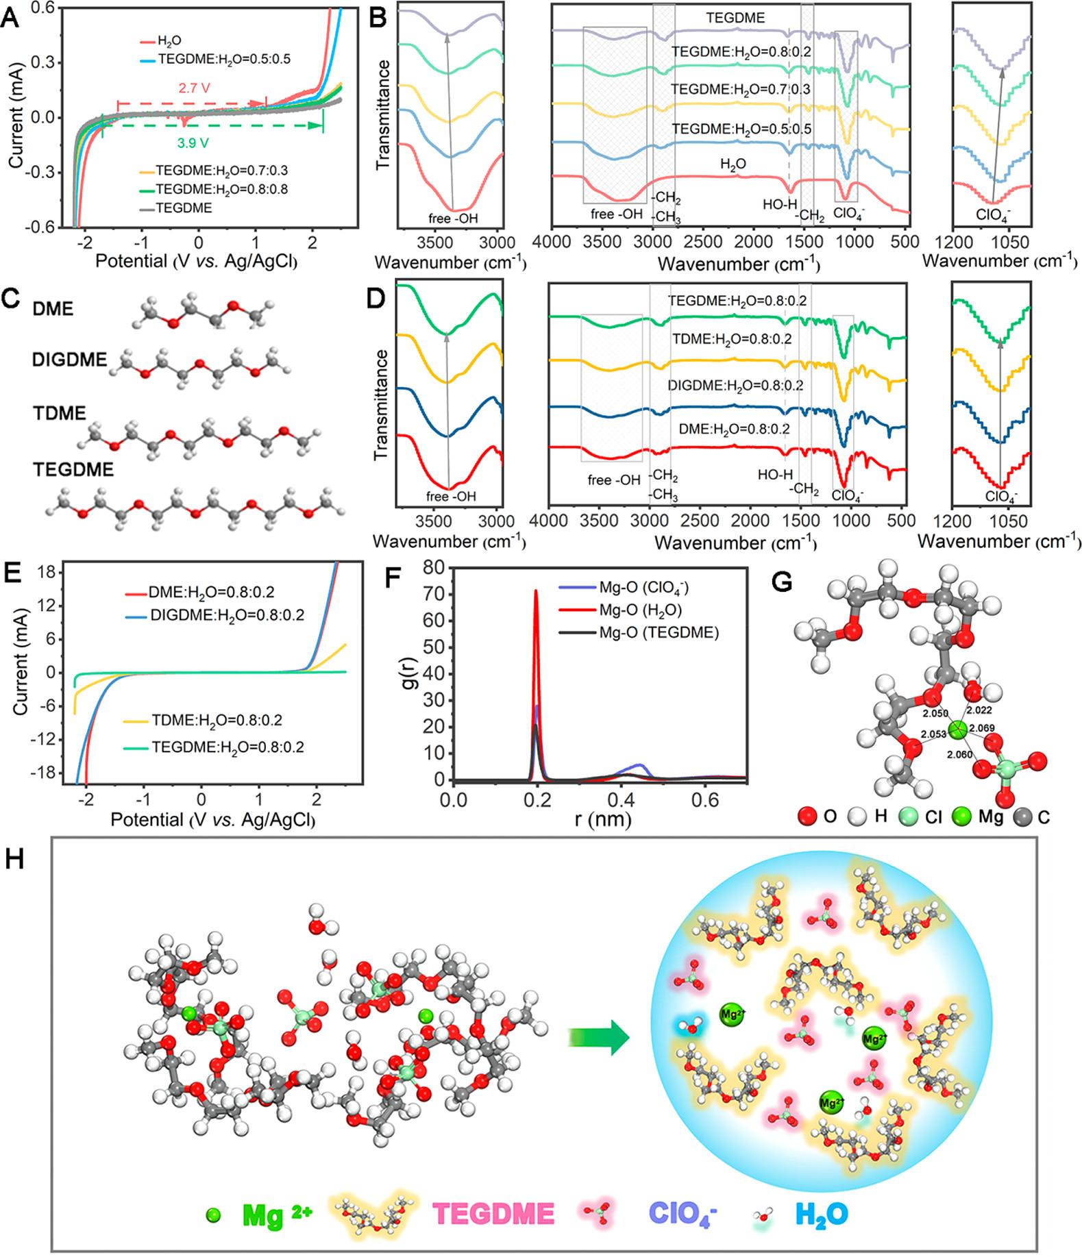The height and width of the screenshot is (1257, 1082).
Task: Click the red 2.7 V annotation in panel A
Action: [193, 89]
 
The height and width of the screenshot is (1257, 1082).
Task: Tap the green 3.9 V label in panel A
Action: [193, 143]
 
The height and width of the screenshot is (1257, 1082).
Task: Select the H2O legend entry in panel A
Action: [169, 41]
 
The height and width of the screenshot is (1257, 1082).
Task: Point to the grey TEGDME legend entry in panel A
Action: [184, 208]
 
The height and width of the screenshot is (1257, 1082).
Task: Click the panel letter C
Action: [12, 299]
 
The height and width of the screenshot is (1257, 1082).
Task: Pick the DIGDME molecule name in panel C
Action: [69, 360]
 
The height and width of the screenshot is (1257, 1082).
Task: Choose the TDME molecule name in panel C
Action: [60, 414]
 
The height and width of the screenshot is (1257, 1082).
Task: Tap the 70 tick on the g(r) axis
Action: [430, 594]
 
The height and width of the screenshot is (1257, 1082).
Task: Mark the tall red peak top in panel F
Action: [536, 590]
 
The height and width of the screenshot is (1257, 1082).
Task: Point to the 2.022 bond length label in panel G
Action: [979, 710]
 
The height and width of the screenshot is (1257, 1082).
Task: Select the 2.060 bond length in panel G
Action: [959, 754]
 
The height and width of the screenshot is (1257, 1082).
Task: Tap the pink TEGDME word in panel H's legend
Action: [493, 1214]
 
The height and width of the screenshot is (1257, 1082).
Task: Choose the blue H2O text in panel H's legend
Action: [821, 1214]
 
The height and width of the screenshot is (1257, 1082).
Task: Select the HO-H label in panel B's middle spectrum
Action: [780, 204]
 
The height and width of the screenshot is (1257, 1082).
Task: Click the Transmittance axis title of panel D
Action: [382, 404]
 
